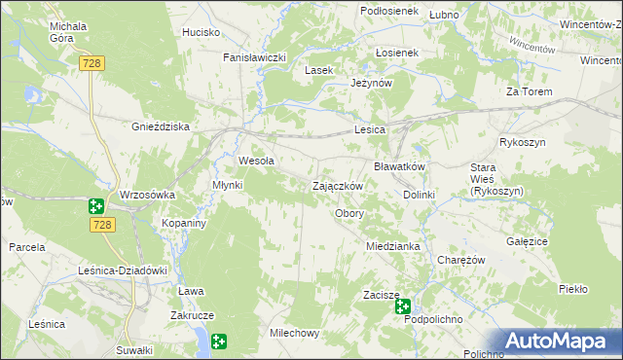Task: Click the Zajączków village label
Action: [337, 186]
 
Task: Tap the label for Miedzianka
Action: [393, 246]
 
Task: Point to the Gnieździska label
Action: [161, 126]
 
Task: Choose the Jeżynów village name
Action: [371, 84]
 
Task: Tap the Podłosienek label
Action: [388, 11]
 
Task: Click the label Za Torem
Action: [529, 91]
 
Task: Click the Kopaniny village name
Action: [182, 223]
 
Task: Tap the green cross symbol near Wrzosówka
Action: [95, 206]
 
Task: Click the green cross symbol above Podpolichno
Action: [403, 306]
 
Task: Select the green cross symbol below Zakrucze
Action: [219, 341]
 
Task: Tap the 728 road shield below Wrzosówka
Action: [105, 225]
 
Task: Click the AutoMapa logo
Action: [561, 341]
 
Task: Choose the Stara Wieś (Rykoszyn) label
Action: [496, 180]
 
